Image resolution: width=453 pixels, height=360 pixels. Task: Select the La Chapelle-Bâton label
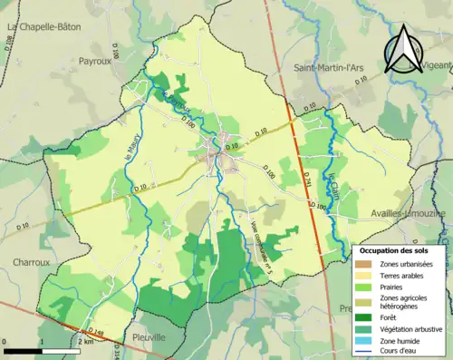coord(43,27)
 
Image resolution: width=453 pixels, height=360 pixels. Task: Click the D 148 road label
coord(95,332)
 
